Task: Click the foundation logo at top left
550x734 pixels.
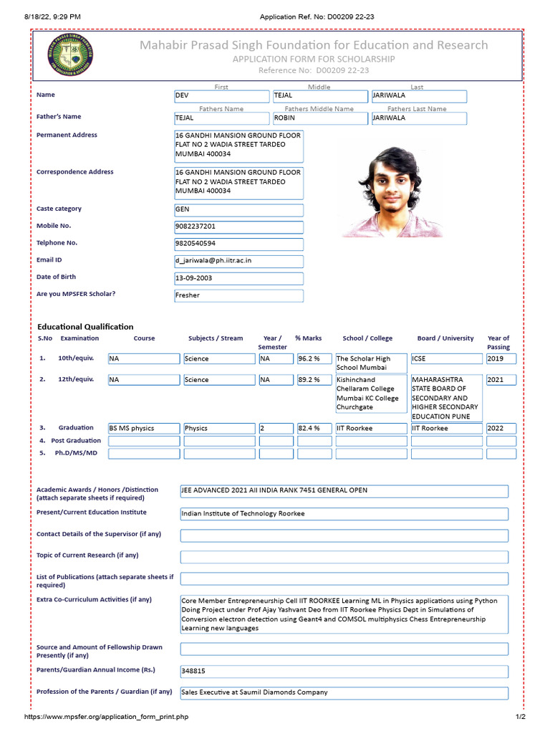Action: (x=71, y=56)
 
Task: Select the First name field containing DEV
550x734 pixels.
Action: (x=222, y=96)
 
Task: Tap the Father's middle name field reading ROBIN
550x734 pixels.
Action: (x=320, y=118)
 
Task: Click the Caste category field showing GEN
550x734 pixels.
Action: (x=238, y=210)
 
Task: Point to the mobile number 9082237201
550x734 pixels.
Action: (x=238, y=227)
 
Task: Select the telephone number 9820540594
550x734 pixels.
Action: (x=238, y=244)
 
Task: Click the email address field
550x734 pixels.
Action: (x=238, y=261)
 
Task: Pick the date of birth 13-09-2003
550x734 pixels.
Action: (x=238, y=278)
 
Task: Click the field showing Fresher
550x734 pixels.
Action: (x=238, y=295)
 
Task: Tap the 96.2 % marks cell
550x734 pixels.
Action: (x=314, y=359)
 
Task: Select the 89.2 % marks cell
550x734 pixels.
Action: (x=314, y=380)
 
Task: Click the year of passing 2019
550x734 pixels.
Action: (x=501, y=359)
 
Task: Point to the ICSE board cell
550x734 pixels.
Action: (x=446, y=359)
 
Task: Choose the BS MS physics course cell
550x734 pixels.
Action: (x=143, y=429)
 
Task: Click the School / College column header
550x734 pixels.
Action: (x=367, y=338)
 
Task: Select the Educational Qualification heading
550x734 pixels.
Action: (x=85, y=327)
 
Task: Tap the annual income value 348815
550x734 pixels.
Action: (x=344, y=672)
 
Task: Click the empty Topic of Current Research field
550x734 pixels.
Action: (x=344, y=557)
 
